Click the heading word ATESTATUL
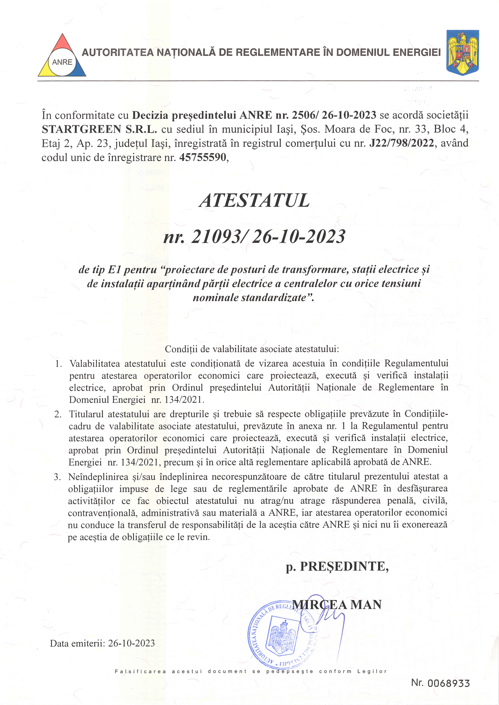point(254,201)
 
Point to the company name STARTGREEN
point(81,129)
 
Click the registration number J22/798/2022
point(402,143)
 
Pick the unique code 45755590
point(202,158)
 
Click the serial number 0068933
point(449,683)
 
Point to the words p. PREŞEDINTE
point(337,566)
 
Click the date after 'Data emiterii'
point(132,643)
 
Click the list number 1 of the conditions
point(59,364)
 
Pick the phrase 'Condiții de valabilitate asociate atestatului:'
point(252,349)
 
